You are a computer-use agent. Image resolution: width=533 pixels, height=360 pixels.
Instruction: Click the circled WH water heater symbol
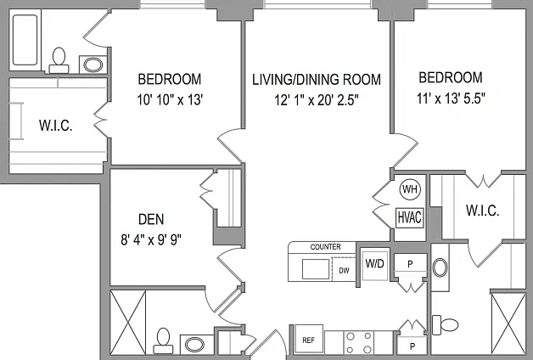(x=410, y=189)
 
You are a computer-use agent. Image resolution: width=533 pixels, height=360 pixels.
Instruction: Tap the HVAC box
(x=410, y=217)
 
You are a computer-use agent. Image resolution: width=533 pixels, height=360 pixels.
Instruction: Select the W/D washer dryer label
(x=375, y=263)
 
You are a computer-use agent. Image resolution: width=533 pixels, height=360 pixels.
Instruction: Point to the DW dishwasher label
(x=344, y=271)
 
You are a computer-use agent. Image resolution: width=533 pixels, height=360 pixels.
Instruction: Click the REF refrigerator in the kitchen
(x=309, y=340)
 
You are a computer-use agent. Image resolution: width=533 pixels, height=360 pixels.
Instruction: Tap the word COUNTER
(x=325, y=247)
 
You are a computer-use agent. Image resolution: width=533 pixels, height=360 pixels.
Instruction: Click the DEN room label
(x=151, y=219)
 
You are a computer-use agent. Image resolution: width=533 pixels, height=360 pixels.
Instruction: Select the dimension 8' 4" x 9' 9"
(x=151, y=240)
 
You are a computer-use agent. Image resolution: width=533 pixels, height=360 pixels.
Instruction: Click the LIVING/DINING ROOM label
(x=317, y=80)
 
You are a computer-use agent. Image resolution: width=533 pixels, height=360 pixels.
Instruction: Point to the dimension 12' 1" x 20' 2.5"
(x=317, y=100)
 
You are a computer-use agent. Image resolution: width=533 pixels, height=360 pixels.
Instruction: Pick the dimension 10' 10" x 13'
(x=170, y=100)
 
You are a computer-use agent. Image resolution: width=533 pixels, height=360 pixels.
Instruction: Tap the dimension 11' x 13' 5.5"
(x=451, y=98)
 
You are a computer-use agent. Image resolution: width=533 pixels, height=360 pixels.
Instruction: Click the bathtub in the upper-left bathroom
(x=25, y=40)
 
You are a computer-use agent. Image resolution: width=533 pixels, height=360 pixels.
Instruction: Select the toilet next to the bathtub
(x=59, y=60)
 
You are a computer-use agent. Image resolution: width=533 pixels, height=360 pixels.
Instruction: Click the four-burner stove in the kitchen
(x=359, y=343)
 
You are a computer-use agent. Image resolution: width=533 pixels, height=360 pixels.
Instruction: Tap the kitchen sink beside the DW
(x=316, y=269)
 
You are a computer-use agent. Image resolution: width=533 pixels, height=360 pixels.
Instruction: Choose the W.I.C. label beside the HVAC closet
(x=483, y=211)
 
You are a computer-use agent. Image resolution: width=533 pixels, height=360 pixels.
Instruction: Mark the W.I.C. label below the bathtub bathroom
(x=56, y=126)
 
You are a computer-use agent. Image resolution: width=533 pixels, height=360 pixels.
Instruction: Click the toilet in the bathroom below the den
(x=163, y=341)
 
